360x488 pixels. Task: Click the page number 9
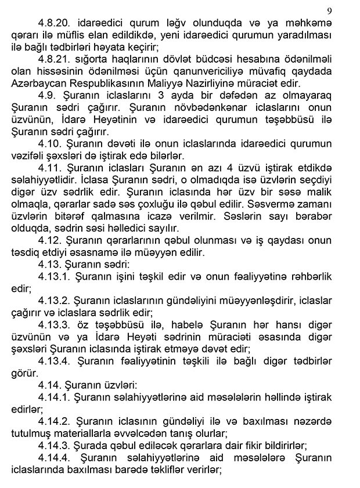click(329, 10)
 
